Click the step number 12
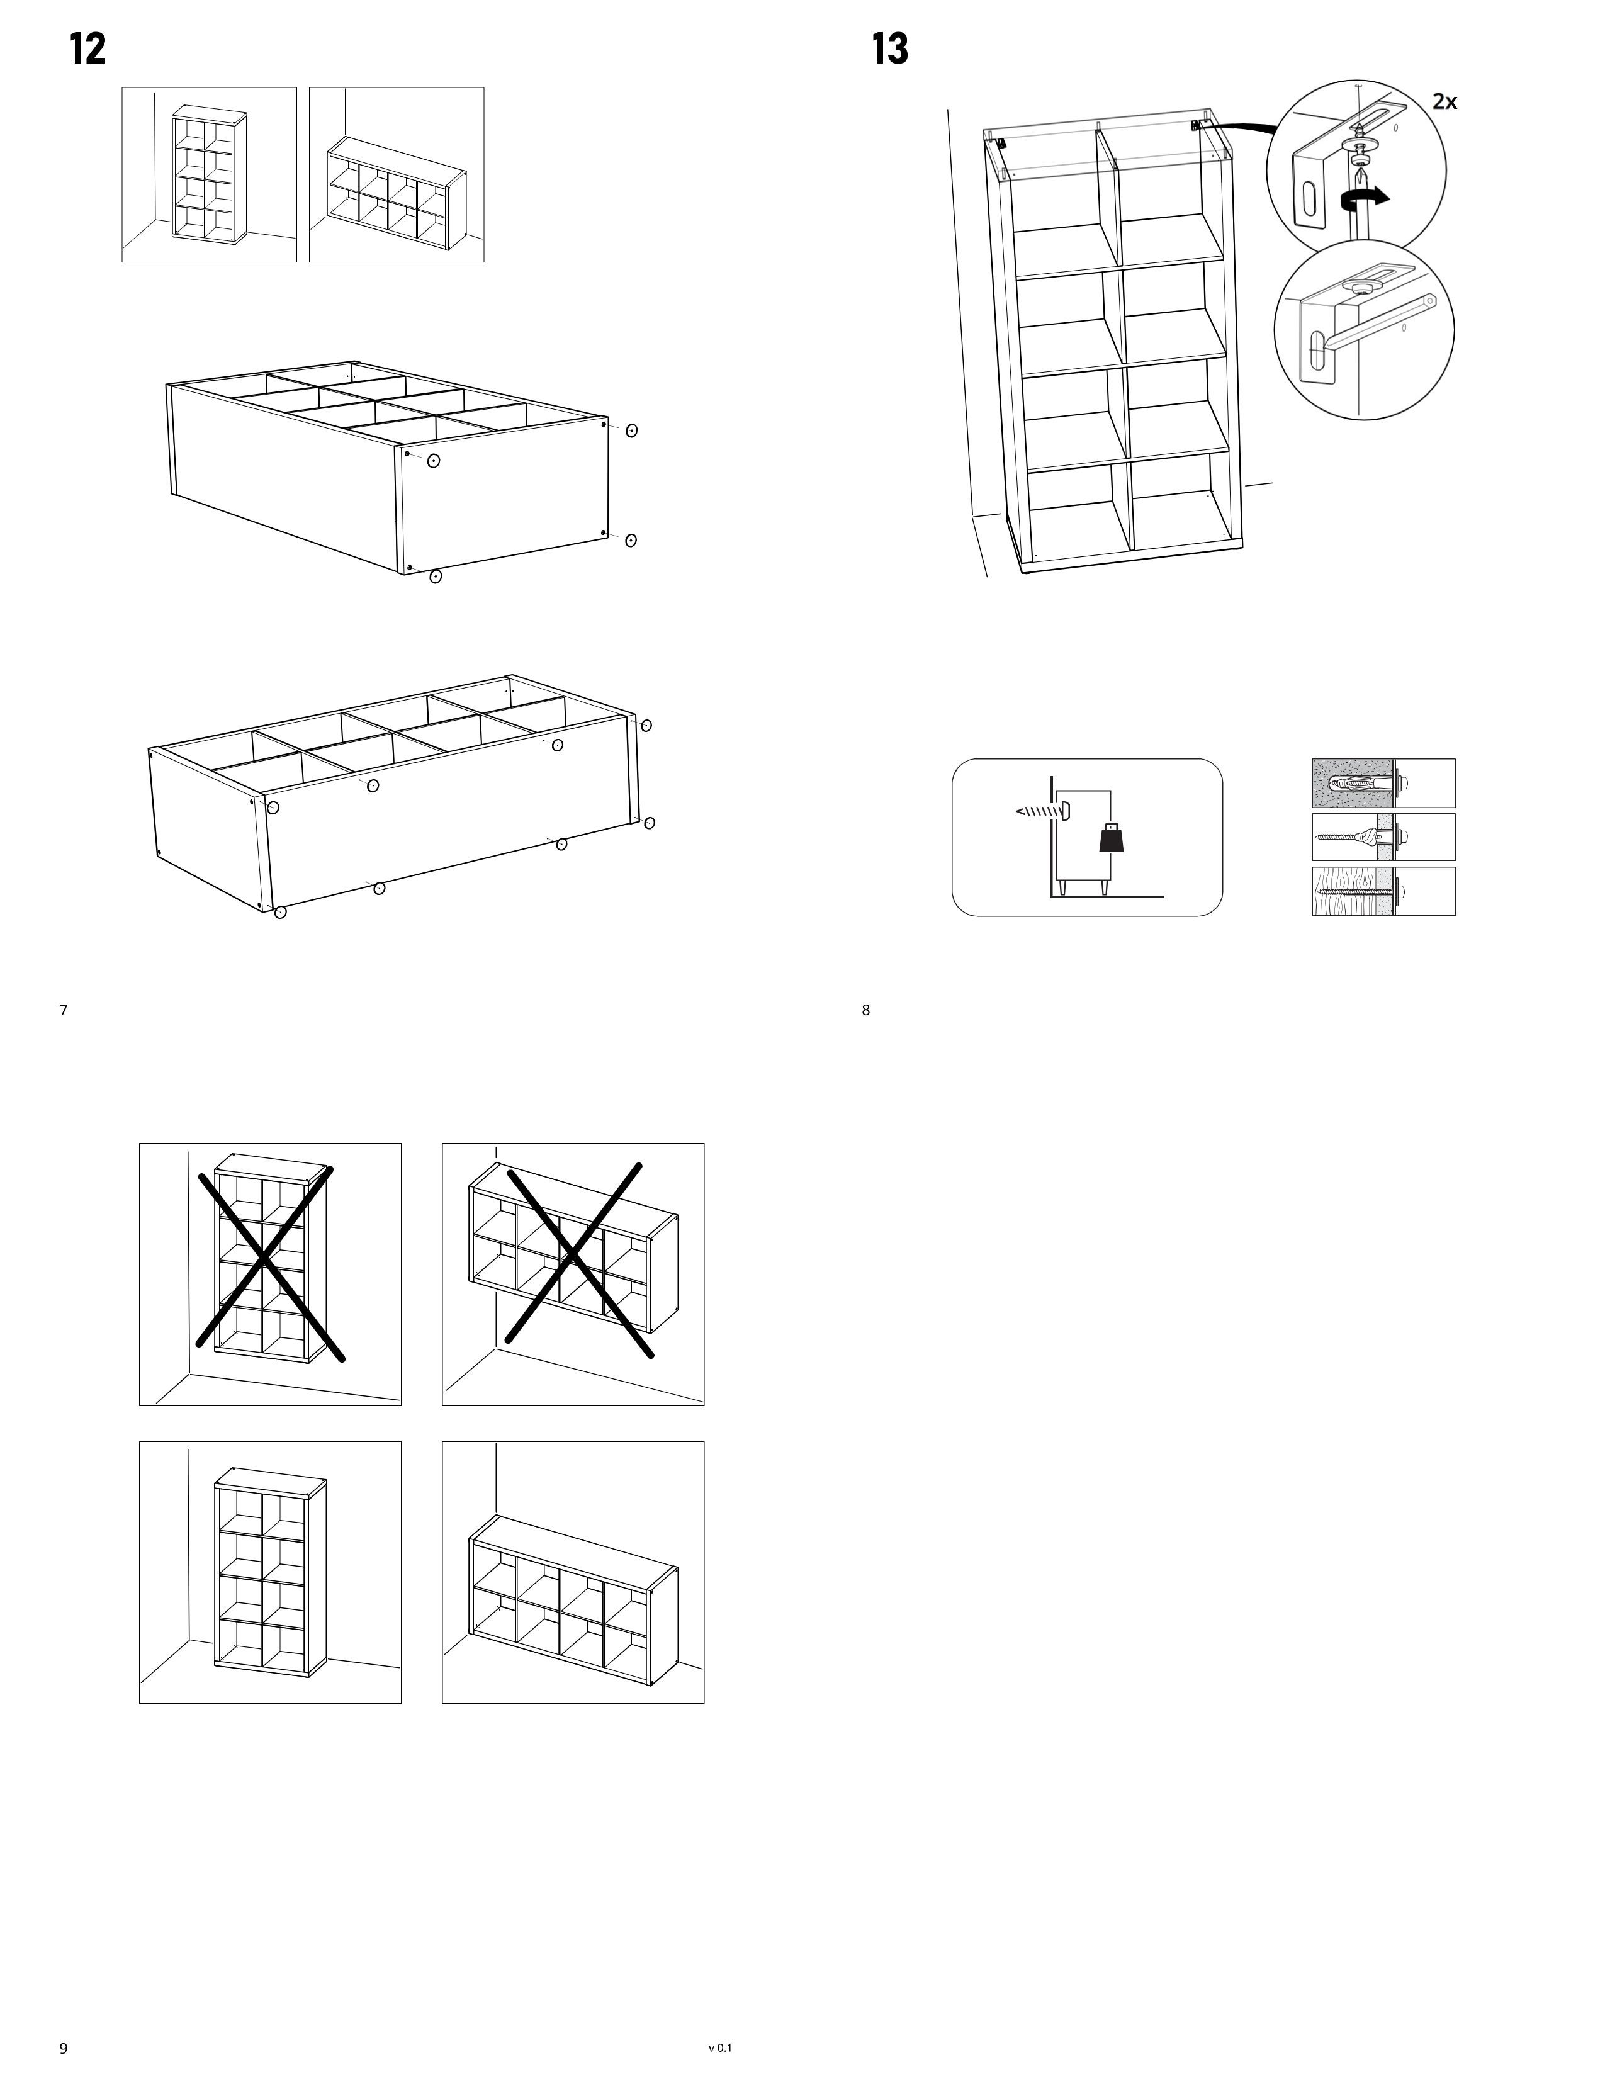click(87, 48)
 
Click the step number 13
click(890, 48)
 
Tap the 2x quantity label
click(1444, 101)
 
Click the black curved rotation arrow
click(1365, 198)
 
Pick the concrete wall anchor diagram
click(1383, 783)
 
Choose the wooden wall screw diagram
click(1383, 891)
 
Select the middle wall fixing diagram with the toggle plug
click(1383, 837)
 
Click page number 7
click(64, 1010)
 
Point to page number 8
click(865, 1010)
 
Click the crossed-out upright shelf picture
click(270, 1275)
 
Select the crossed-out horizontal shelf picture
click(573, 1275)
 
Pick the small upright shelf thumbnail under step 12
click(209, 174)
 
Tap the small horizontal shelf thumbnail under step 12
click(397, 174)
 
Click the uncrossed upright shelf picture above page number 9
click(270, 1572)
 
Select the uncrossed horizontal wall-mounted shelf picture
click(573, 1572)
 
